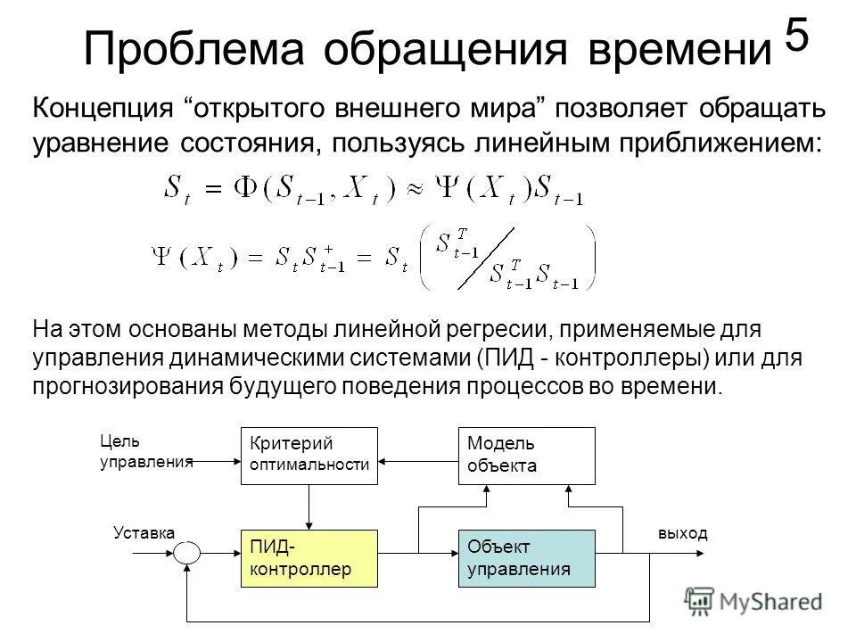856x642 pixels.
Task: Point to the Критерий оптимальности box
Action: coord(309,455)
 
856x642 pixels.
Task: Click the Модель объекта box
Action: coord(526,455)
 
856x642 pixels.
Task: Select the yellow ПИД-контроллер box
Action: coord(309,558)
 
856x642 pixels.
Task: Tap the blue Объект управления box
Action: coord(526,558)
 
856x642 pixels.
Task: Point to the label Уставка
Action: coord(144,532)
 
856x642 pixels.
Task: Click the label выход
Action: coord(682,532)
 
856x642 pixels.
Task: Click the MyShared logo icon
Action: coord(699,600)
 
